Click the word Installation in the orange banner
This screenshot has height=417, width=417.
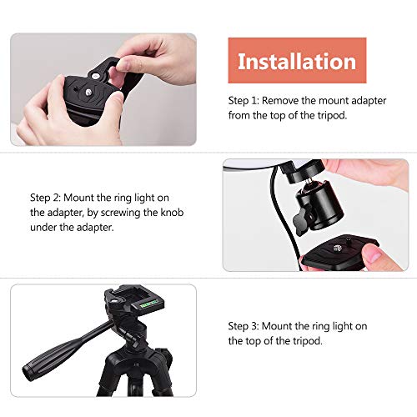pos(297,62)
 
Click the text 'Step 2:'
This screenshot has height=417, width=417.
pos(45,198)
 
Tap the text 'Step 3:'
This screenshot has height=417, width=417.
pos(244,326)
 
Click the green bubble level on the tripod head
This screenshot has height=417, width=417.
pos(148,304)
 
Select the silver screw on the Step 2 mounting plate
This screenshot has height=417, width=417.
pos(338,248)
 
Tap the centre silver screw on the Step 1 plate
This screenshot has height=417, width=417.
pos(88,92)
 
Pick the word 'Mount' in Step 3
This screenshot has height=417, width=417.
pos(277,326)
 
